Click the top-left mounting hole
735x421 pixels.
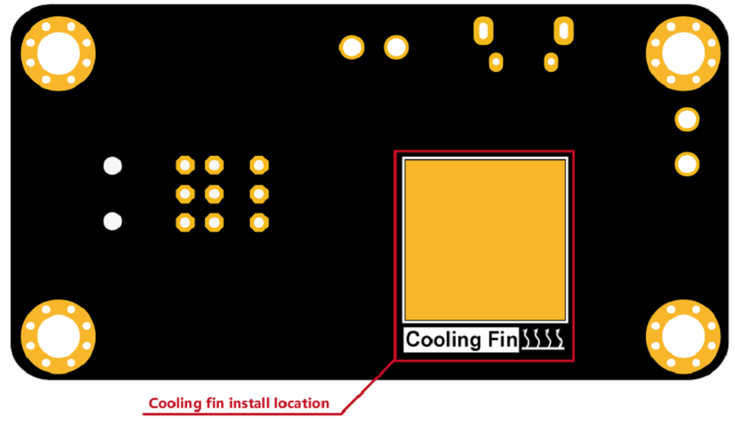pos(58,54)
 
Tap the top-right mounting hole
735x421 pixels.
pos(683,54)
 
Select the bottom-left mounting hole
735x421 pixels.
pos(58,336)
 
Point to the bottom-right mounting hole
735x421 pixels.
pos(683,336)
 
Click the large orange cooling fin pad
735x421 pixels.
pos(484,239)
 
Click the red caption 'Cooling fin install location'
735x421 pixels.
pos(238,403)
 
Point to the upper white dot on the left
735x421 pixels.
pos(112,166)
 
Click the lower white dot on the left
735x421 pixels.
pos(112,220)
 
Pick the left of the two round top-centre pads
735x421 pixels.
pos(352,47)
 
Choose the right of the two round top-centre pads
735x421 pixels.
pos(396,47)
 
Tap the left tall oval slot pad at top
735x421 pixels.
pos(483,31)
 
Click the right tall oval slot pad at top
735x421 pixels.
pos(563,30)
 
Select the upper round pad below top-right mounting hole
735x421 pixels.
pos(687,120)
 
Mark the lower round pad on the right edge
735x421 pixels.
pos(687,164)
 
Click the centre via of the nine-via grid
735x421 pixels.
pos(214,194)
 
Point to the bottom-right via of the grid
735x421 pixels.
pos(259,222)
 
